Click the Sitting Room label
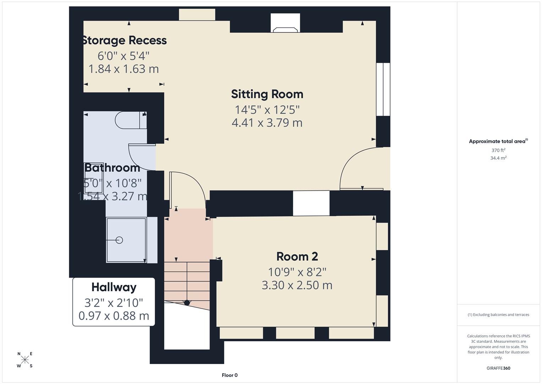(267, 94)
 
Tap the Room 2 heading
(297, 256)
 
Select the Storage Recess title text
(124, 41)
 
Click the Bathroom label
(112, 167)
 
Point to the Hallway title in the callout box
(114, 287)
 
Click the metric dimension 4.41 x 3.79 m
(267, 123)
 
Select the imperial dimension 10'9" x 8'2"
(297, 272)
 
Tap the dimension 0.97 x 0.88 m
(114, 316)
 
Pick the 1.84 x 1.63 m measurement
(124, 69)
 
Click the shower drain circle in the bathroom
(119, 240)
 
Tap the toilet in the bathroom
(130, 120)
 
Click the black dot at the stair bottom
(187, 303)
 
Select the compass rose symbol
(25, 360)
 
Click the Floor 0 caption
(230, 375)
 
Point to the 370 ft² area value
(498, 150)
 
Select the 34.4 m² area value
(498, 158)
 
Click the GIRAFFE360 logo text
(498, 368)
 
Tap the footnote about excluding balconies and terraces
(498, 315)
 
